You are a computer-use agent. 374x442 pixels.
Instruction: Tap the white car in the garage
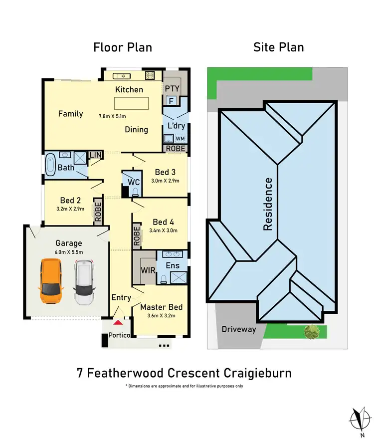click(84, 282)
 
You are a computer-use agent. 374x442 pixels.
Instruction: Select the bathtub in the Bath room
click(51, 165)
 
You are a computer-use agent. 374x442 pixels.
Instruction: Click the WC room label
click(134, 182)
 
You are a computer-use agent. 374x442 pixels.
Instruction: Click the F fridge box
click(171, 101)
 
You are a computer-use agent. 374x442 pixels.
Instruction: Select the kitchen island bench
click(132, 103)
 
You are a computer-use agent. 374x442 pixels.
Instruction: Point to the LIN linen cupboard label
click(95, 155)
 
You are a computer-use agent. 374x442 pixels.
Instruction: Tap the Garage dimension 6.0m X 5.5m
click(68, 252)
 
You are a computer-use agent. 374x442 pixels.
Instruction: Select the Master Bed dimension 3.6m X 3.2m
click(161, 316)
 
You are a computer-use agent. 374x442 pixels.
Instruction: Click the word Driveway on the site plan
click(239, 329)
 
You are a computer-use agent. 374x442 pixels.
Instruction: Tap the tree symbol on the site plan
click(312, 331)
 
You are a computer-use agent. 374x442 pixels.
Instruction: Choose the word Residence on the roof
click(268, 204)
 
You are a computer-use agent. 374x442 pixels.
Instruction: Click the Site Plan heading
click(278, 47)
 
